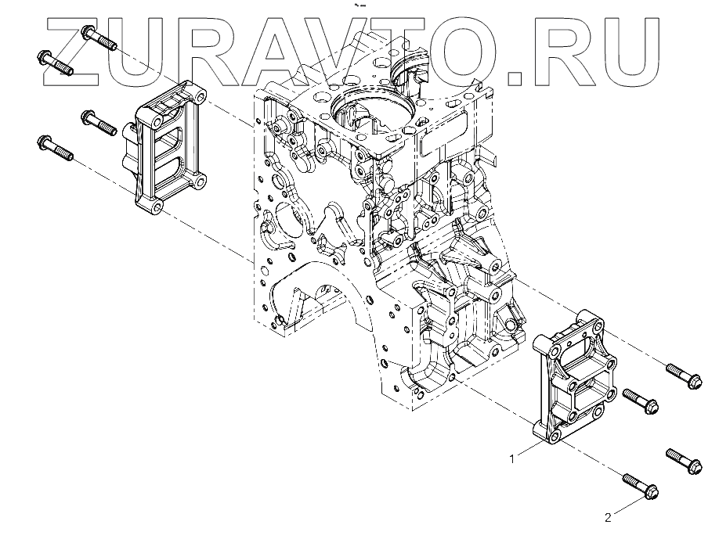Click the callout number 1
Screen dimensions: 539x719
[512, 459]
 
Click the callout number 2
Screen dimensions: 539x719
[607, 517]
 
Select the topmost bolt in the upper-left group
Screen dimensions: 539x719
[99, 38]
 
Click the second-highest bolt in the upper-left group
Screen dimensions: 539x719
[56, 63]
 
